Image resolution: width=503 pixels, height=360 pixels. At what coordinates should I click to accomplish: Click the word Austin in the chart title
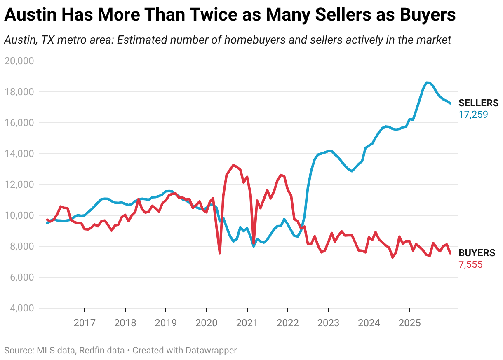click(29, 15)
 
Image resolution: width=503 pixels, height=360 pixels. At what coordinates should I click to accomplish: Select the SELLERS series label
click(478, 103)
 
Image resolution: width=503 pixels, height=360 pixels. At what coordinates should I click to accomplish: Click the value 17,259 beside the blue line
click(473, 115)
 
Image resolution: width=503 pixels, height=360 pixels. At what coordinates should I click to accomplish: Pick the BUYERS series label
click(477, 253)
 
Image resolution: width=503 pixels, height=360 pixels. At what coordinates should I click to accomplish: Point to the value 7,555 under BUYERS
click(470, 264)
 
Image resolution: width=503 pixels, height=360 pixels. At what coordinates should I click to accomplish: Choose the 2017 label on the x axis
click(85, 323)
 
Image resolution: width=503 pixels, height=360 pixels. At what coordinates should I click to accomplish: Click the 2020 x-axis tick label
click(206, 323)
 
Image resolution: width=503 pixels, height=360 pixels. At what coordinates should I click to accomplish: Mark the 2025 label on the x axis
click(409, 323)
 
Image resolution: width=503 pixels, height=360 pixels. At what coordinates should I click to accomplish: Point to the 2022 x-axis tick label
click(287, 323)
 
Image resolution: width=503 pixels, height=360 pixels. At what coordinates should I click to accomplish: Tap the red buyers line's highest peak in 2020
click(233, 165)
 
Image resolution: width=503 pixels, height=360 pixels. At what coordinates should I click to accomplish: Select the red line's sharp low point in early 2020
click(220, 253)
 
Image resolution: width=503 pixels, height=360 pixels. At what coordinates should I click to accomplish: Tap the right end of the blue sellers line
click(450, 103)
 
